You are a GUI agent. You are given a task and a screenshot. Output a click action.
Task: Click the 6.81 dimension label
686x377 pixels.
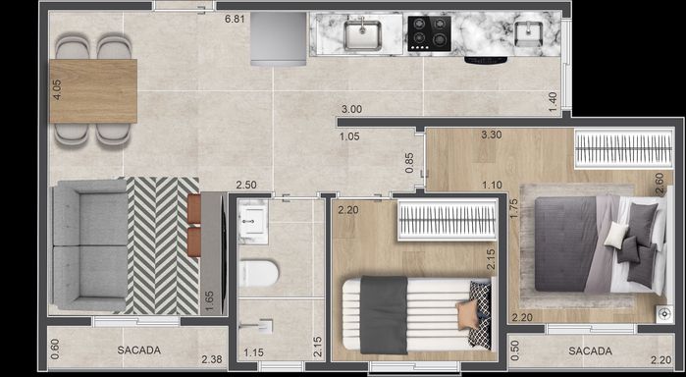(235, 19)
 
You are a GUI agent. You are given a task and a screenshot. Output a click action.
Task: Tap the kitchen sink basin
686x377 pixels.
(362, 34)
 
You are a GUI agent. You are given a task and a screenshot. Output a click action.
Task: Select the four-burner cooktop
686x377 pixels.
(429, 33)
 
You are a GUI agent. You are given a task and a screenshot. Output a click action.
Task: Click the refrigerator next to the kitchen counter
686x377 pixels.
(279, 38)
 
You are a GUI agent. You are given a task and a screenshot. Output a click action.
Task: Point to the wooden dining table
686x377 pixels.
(93, 90)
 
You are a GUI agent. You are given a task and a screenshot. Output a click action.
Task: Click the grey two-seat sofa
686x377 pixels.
(89, 245)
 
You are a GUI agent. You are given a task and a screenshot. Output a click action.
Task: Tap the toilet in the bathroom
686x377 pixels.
(258, 273)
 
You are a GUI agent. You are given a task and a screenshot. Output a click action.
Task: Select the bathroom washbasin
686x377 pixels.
(253, 221)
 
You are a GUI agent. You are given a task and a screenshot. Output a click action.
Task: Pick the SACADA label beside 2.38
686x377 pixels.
(138, 350)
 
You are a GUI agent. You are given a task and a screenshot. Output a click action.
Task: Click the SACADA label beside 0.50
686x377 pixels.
(590, 350)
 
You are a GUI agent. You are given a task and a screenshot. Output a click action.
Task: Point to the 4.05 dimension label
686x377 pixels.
(57, 89)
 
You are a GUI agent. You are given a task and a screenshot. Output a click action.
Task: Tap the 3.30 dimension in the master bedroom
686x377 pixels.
(492, 135)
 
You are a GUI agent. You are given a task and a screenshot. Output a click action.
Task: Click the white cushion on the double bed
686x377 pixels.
(616, 235)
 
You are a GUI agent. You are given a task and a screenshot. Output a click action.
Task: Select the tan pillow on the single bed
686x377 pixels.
(468, 314)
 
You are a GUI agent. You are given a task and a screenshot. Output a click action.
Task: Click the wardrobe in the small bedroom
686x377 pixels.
(448, 219)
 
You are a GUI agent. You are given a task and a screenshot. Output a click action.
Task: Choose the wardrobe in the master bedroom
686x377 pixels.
(624, 148)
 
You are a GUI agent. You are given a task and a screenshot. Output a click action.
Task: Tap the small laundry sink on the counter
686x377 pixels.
(529, 32)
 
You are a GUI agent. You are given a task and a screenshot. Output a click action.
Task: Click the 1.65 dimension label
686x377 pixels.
(210, 303)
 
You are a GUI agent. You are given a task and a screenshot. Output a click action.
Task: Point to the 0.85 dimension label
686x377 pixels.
(409, 162)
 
